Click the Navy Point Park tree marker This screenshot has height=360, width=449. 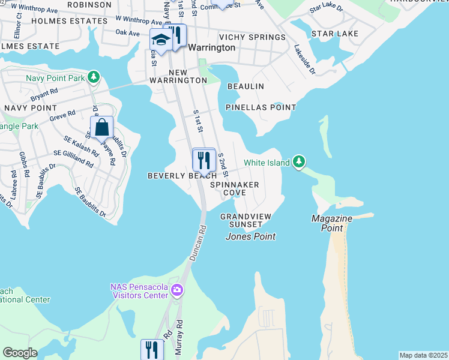[93, 77]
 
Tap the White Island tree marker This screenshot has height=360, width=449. [299, 162]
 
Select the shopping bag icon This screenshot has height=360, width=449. [101, 127]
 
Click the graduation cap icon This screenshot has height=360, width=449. [160, 40]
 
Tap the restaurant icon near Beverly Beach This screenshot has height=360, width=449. [204, 160]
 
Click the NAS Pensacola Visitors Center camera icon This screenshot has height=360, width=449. [176, 291]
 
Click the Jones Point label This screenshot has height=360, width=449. [250, 236]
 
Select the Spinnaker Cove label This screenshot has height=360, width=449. [234, 189]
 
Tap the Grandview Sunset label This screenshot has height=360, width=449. [246, 220]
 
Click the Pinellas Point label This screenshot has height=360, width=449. [261, 107]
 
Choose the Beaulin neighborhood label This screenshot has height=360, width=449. [245, 86]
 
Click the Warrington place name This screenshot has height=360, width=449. [211, 47]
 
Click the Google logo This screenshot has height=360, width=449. [20, 353]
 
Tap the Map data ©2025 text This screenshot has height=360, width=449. [423, 355]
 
